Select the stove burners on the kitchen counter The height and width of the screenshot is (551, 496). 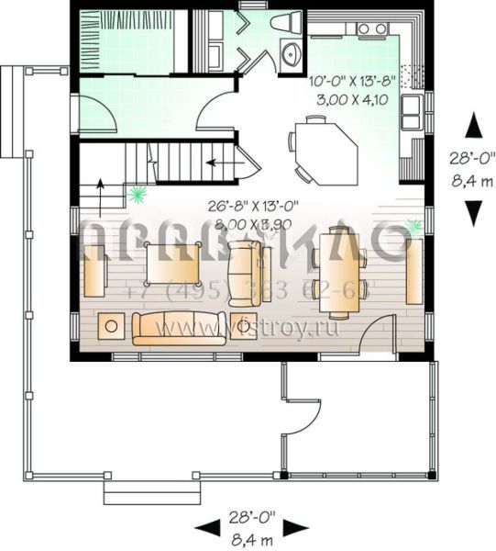point(372,29)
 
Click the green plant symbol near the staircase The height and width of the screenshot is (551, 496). point(138,193)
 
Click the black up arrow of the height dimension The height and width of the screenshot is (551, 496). point(473,125)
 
